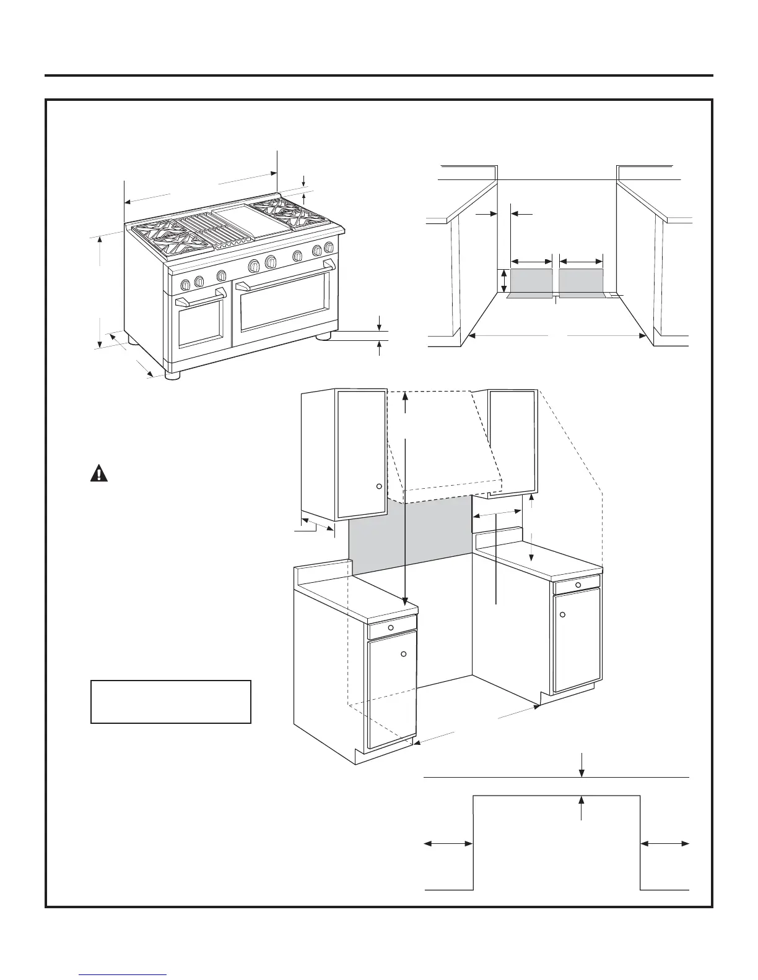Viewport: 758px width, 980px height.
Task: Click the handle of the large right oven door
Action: tap(286, 276)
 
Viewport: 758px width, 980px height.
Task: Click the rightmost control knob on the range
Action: tap(329, 248)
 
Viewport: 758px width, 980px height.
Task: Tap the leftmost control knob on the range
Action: tap(185, 285)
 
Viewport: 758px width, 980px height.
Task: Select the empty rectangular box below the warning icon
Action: tap(171, 702)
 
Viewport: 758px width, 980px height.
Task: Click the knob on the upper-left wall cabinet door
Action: tap(379, 486)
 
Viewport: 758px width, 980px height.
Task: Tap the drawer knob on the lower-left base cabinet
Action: tap(391, 627)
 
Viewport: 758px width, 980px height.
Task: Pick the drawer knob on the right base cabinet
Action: tap(577, 583)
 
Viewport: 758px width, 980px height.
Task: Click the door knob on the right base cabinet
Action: tap(563, 614)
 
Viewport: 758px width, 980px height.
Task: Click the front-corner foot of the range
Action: tap(173, 374)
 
